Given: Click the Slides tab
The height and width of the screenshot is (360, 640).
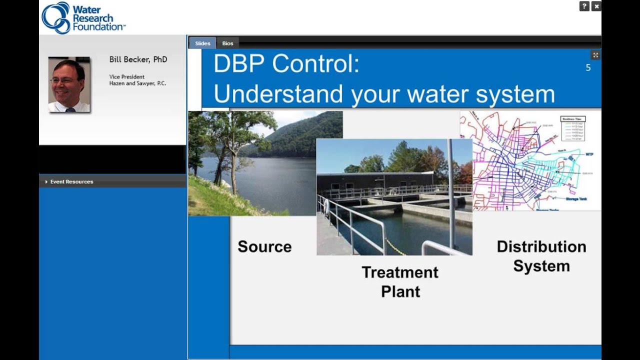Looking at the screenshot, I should [x=202, y=43].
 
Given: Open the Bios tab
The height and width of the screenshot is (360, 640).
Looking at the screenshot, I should [x=228, y=43].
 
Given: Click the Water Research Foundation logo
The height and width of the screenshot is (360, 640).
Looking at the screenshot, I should [x=83, y=17].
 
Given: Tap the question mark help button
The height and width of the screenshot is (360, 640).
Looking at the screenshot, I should [x=584, y=6].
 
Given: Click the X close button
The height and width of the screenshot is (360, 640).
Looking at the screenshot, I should [x=596, y=6].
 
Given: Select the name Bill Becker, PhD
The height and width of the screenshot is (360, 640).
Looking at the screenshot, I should [x=138, y=59].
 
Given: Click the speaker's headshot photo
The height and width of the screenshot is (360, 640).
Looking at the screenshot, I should [x=69, y=84].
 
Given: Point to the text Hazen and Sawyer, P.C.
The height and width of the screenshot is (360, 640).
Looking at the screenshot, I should [x=137, y=83].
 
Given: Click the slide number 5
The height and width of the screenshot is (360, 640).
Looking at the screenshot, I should [x=588, y=67].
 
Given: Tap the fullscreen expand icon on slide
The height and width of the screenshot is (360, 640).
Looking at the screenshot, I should [x=595, y=55].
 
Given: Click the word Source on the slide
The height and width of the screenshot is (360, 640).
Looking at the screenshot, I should [x=264, y=246].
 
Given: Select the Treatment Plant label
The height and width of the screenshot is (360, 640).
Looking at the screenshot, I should [x=400, y=281].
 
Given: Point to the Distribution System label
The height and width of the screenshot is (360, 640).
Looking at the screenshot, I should [x=541, y=256].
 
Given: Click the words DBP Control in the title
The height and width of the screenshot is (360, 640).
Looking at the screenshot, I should [x=286, y=64].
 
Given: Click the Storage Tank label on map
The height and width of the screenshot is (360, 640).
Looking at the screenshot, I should [x=576, y=199].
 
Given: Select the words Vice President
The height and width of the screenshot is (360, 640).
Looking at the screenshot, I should [x=127, y=76].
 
